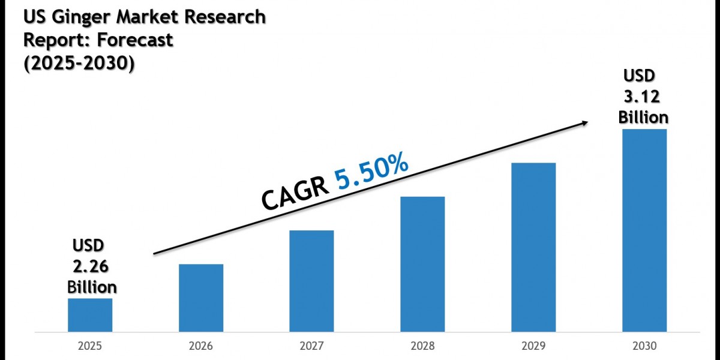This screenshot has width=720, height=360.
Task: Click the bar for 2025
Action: (x=89, y=315)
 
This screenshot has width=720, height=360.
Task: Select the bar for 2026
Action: (x=201, y=298)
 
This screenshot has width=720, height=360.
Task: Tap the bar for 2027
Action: (x=311, y=281)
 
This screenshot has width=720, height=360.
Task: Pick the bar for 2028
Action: (x=422, y=264)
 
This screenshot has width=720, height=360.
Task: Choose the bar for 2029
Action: (x=533, y=247)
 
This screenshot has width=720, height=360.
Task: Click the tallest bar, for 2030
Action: (x=644, y=230)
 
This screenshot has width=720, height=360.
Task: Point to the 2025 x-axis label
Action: (x=89, y=346)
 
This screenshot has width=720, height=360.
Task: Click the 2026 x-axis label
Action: (x=201, y=346)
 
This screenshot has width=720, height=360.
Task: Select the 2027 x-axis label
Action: (x=311, y=346)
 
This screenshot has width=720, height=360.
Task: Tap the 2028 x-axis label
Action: (x=422, y=346)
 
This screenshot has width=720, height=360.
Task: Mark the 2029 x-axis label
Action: (x=533, y=346)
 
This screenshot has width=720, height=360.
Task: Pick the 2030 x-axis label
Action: (x=644, y=346)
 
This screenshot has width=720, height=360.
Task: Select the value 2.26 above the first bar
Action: (x=91, y=265)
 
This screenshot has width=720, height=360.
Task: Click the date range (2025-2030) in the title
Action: (x=79, y=63)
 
